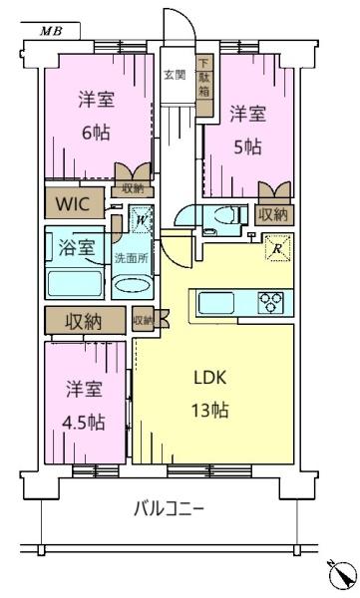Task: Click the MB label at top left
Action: (51, 31)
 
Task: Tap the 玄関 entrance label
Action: (175, 75)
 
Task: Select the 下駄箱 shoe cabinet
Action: (204, 85)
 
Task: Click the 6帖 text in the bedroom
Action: (96, 133)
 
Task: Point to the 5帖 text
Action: (247, 147)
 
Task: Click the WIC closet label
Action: (73, 204)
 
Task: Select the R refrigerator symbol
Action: (278, 248)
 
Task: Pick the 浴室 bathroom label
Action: (77, 248)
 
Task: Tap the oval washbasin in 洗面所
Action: (132, 285)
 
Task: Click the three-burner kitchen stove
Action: (270, 302)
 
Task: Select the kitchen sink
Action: (216, 303)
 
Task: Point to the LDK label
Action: (210, 377)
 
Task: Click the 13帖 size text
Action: (209, 410)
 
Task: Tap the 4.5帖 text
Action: (84, 423)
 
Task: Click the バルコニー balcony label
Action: (170, 508)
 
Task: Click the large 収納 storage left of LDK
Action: (85, 321)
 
